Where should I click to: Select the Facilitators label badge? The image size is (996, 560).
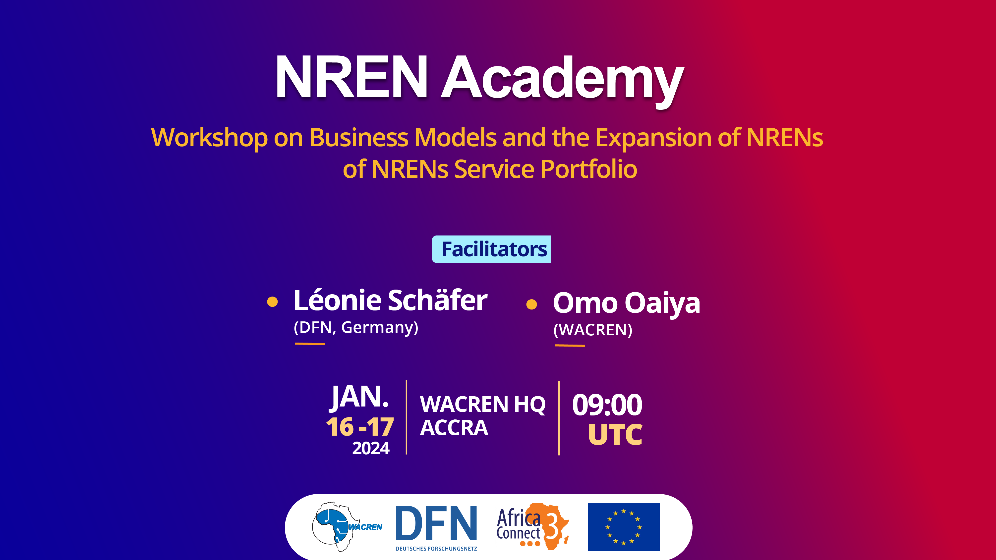click(491, 249)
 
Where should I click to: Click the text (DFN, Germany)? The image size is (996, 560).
click(356, 328)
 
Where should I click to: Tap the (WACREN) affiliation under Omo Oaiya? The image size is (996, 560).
click(593, 330)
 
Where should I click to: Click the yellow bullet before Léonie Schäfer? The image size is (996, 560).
click(273, 302)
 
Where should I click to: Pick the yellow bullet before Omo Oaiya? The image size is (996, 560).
click(532, 305)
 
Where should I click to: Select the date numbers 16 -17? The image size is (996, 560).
click(359, 427)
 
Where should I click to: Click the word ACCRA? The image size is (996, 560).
click(454, 428)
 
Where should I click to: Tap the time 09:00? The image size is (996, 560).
click(607, 405)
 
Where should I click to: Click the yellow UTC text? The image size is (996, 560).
click(615, 435)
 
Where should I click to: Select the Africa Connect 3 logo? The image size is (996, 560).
click(533, 526)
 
